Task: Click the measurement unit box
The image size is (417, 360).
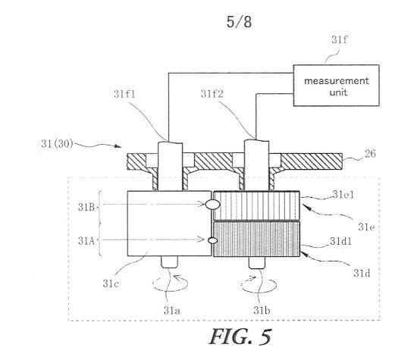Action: pyautogui.click(x=336, y=86)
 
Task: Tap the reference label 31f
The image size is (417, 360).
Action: pyautogui.click(x=340, y=40)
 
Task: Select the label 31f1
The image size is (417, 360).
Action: pyautogui.click(x=124, y=94)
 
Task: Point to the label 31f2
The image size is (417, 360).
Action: pyautogui.click(x=212, y=93)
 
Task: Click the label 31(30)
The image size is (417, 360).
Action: pyautogui.click(x=57, y=143)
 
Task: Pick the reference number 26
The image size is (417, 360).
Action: pyautogui.click(x=370, y=154)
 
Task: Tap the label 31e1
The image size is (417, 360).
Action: pyautogui.click(x=343, y=195)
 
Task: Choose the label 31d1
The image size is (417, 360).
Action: pyautogui.click(x=340, y=241)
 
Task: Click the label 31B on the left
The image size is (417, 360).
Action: pyautogui.click(x=86, y=207)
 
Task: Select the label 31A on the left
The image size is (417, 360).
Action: pyautogui.click(x=86, y=241)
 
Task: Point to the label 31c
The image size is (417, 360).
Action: pyautogui.click(x=111, y=283)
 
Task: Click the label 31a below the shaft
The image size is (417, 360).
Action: pyautogui.click(x=172, y=310)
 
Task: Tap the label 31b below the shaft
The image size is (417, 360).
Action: pyautogui.click(x=262, y=310)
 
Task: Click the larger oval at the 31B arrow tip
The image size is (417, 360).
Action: pyautogui.click(x=212, y=205)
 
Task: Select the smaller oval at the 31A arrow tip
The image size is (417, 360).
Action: pyautogui.click(x=213, y=240)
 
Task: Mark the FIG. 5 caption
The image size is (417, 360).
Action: pyautogui.click(x=240, y=337)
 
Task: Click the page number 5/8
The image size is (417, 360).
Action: pyautogui.click(x=239, y=22)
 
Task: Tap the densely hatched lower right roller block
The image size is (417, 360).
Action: pyautogui.click(x=256, y=239)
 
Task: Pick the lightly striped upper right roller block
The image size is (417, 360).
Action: pyautogui.click(x=256, y=206)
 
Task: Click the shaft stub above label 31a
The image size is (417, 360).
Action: pyautogui.click(x=169, y=262)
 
